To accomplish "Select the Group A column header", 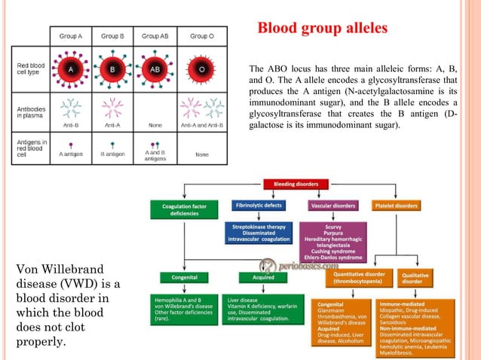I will [x=69, y=35].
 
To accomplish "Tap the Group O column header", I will [x=201, y=35].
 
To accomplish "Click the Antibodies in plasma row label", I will [x=30, y=112].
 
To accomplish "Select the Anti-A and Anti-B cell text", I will [x=201, y=127].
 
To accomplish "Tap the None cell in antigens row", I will [x=201, y=154].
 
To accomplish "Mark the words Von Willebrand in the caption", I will [x=56, y=270].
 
